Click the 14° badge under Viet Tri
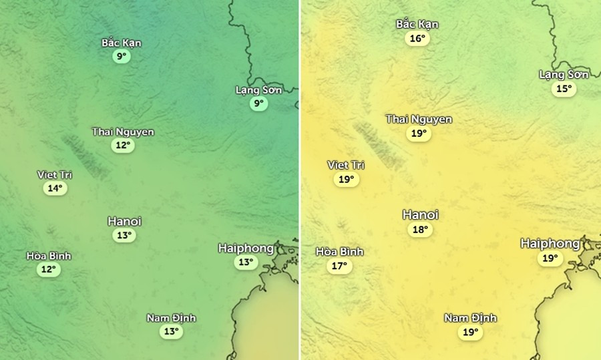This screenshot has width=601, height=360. point(55,188)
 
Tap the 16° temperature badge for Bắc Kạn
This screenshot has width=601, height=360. point(417,38)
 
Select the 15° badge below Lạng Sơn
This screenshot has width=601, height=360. point(564,88)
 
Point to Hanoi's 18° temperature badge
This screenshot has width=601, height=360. point(420,230)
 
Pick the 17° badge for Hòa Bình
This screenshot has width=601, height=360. point(339,266)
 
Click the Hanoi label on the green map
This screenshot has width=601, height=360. point(124,221)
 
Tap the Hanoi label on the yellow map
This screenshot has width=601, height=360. point(420,214)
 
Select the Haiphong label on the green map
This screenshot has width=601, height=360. point(246,248)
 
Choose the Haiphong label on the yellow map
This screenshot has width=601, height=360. point(550,244)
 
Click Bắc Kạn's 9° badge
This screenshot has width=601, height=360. point(121,57)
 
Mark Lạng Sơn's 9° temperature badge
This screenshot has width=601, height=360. point(258,104)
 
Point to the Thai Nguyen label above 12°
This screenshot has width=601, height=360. point(123,132)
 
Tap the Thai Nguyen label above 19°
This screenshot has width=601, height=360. point(419,120)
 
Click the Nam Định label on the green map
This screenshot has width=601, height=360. point(171,318)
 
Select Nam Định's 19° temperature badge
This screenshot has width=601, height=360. point(470,332)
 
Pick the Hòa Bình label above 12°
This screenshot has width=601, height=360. point(48,256)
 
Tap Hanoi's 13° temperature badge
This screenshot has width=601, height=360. point(124,235)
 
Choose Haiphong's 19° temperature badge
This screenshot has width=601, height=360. point(550,258)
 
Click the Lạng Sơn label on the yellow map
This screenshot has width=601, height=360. point(564,74)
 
